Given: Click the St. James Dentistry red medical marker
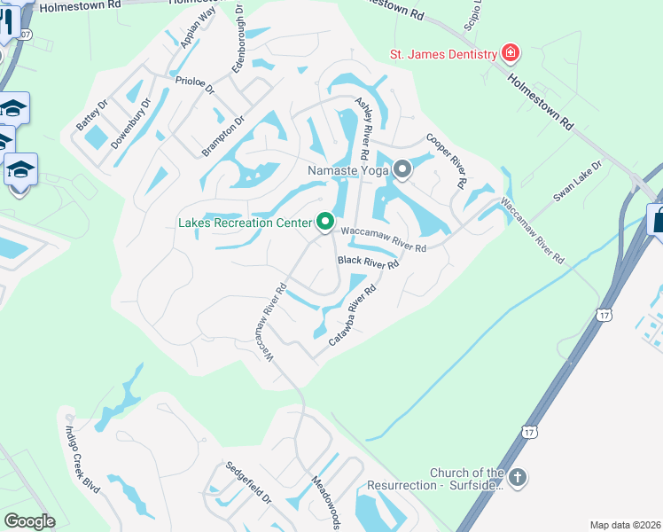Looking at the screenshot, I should click(511, 54).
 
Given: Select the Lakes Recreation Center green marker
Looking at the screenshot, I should click(325, 222).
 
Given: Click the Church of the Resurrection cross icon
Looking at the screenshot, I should click(518, 478).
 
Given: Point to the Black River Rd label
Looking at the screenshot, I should click(369, 262).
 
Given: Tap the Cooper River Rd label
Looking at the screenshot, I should click(446, 160).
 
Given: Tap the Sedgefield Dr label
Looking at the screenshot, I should click(247, 483).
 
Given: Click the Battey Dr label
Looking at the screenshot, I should click(92, 115).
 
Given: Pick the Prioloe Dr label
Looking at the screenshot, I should click(195, 84).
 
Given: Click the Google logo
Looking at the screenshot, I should click(29, 521).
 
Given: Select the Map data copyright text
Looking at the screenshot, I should click(626, 525).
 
